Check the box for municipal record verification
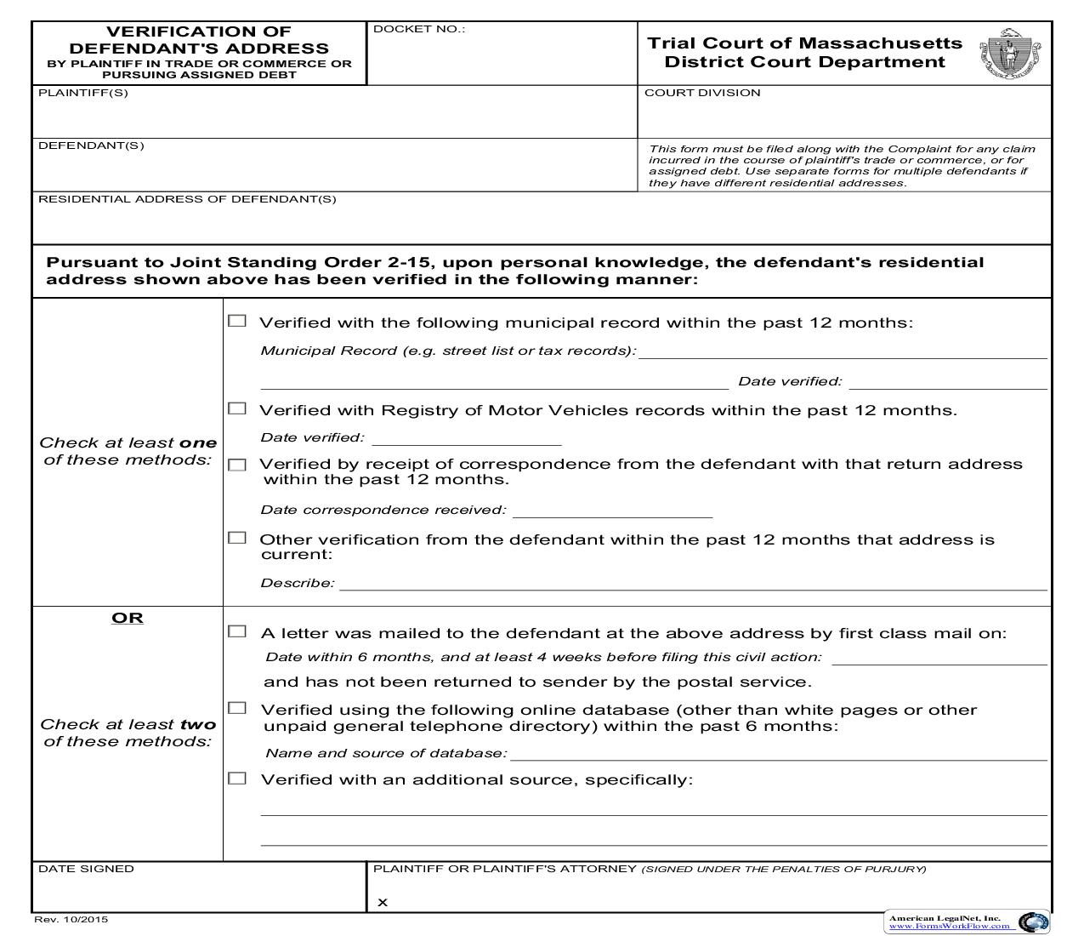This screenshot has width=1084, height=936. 237,321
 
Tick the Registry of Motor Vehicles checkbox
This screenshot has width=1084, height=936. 237,408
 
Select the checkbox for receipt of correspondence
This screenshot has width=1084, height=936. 237,465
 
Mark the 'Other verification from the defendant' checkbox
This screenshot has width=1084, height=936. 237,538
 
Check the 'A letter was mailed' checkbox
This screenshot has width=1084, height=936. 237,631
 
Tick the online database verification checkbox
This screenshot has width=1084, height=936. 237,708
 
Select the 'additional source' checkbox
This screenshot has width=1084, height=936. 237,778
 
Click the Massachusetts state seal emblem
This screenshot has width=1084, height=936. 1010,54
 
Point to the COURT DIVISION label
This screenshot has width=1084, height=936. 702,93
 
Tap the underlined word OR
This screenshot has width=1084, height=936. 128,618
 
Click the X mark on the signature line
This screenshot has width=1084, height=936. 383,903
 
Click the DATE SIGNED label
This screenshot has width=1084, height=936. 86,869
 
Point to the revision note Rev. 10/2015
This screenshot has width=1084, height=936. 71,919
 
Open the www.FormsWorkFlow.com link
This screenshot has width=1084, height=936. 949,927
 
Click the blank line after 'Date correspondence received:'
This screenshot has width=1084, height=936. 612,511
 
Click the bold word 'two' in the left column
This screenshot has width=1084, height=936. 198,724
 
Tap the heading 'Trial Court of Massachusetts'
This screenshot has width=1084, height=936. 804,43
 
